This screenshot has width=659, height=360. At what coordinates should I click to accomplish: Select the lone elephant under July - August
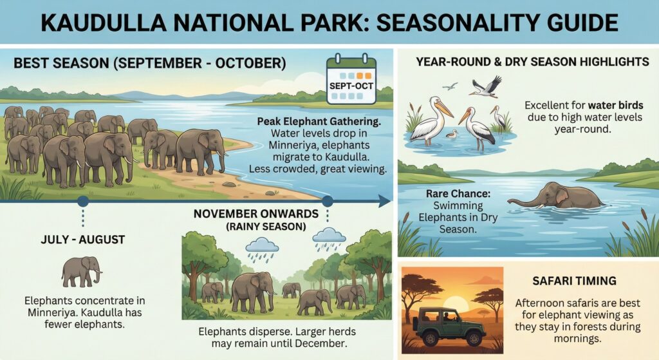pos(82,271)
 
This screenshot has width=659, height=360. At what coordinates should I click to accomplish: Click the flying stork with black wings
pos(486,86)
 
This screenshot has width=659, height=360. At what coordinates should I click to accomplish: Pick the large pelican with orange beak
pos(429,120)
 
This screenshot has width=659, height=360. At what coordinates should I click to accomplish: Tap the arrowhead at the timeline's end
pos(385,201)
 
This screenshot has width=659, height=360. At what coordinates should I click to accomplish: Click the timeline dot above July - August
pos(82,201)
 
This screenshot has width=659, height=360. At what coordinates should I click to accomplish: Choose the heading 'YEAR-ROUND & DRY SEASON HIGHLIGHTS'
pos(532,62)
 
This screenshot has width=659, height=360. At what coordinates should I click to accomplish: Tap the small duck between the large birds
pos(452,135)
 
